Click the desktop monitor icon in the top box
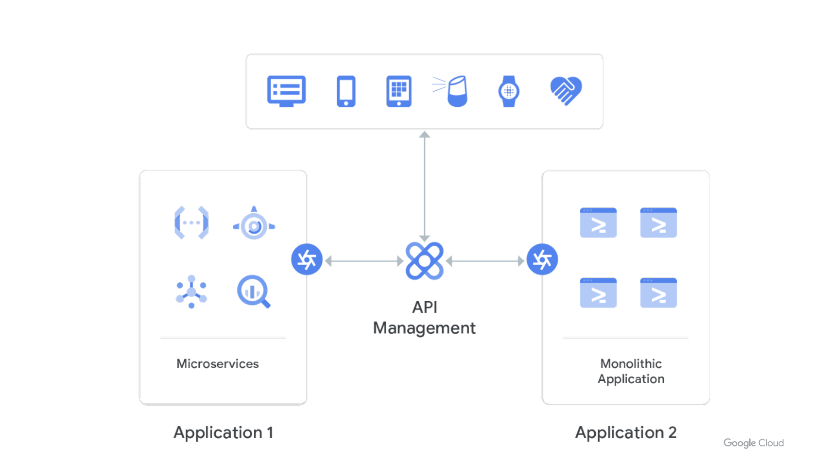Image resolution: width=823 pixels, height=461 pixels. coord(286,91)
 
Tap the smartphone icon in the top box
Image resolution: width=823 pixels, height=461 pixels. coord(346,91)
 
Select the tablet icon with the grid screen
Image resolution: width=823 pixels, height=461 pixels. coord(399,91)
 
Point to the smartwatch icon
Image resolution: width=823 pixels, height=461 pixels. coord(508,91)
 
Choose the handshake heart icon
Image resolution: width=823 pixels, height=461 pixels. coord(566,90)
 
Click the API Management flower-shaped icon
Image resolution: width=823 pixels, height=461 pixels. coord(424,261)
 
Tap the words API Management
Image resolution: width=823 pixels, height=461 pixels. coord(424,318)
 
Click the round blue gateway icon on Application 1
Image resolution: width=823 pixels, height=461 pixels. coord(307,259)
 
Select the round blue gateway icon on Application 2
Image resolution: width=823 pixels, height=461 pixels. coord(542,259)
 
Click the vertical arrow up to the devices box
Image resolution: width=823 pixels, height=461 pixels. coord(424,183)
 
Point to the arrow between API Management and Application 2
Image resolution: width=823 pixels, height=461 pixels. coord(486,261)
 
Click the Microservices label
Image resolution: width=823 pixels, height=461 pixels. coord(218,364)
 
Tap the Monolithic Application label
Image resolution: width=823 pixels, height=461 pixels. coord(631,371)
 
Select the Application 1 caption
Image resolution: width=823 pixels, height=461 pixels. coord(223,433)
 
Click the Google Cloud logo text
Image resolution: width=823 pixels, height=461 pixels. coord(753,443)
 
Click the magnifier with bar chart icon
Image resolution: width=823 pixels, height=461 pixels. coord(253,291)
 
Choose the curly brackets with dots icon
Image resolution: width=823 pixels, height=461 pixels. coord(192,223)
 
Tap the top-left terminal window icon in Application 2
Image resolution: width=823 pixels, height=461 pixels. coord(598,223)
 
